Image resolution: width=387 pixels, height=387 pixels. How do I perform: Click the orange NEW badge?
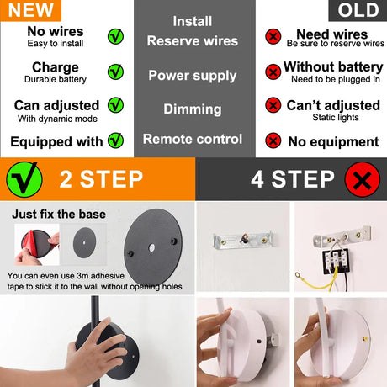tap(30, 10)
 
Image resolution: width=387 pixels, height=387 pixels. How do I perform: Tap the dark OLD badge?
tap(358, 10)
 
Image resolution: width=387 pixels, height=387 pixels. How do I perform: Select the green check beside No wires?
tap(115, 36)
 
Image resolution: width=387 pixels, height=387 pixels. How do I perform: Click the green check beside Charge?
tap(115, 72)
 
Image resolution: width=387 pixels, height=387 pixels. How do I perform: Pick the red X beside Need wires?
tap(273, 36)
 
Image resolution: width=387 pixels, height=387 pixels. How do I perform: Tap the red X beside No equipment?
tap(273, 140)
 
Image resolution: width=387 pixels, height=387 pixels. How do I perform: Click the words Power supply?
tap(193, 76)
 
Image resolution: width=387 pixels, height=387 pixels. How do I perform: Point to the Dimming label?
tap(193, 109)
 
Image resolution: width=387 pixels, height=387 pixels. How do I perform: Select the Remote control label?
tap(193, 139)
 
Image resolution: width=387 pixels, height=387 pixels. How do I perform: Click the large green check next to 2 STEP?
tap(24, 179)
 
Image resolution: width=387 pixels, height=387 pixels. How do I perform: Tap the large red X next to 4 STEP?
tap(363, 179)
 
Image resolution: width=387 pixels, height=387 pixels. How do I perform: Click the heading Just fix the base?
tap(59, 215)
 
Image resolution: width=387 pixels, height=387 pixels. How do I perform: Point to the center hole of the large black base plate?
tap(151, 247)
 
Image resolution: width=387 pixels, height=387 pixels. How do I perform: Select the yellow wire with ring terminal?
tap(317, 279)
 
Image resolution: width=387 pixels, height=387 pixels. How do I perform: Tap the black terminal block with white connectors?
tap(336, 262)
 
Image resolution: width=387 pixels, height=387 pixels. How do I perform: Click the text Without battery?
tap(333, 67)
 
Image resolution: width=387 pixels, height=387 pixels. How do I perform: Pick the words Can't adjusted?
tap(333, 105)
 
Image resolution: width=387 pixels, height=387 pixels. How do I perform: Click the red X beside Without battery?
tap(273, 72)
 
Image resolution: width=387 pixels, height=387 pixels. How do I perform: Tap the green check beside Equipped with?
tap(115, 140)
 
